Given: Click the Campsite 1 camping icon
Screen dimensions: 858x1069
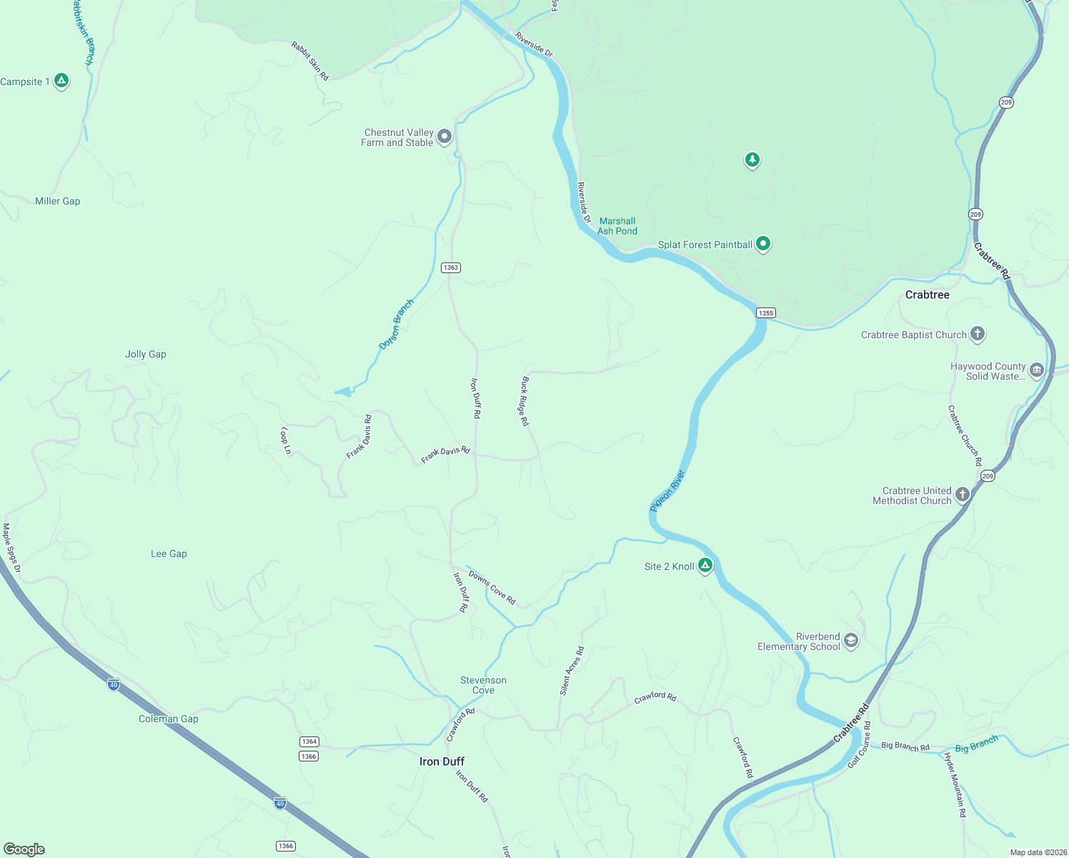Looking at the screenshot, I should click(61, 81).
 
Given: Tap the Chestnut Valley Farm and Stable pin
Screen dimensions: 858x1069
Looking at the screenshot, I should click(444, 136).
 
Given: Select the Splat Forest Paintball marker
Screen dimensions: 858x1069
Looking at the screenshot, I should click(763, 244).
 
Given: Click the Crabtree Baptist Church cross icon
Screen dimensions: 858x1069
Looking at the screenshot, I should click(978, 334).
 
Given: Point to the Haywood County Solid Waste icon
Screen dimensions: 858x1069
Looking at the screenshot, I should click(1037, 370).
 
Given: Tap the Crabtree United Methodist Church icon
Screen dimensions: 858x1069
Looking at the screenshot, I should click(963, 495).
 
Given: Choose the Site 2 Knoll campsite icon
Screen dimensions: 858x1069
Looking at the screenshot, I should click(705, 566).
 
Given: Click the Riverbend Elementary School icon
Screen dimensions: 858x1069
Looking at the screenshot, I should click(850, 641).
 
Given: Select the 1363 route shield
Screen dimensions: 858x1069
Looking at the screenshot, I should click(450, 267).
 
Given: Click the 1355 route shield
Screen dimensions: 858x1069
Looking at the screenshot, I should click(766, 312).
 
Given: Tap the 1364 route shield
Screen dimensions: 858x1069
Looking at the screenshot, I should click(309, 741).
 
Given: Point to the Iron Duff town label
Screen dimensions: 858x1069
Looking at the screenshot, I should click(442, 761).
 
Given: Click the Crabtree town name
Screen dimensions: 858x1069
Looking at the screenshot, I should click(927, 295).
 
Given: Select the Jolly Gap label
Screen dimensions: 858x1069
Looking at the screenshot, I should click(146, 354).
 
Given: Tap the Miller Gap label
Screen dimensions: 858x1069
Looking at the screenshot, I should click(58, 201).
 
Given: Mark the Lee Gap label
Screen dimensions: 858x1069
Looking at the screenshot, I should click(169, 553).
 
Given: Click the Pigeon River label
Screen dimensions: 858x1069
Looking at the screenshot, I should click(668, 490).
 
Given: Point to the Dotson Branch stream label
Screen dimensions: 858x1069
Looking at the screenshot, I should click(397, 324).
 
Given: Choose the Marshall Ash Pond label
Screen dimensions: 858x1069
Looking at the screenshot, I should click(617, 226).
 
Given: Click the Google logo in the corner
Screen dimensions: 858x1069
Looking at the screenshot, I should click(24, 849).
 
